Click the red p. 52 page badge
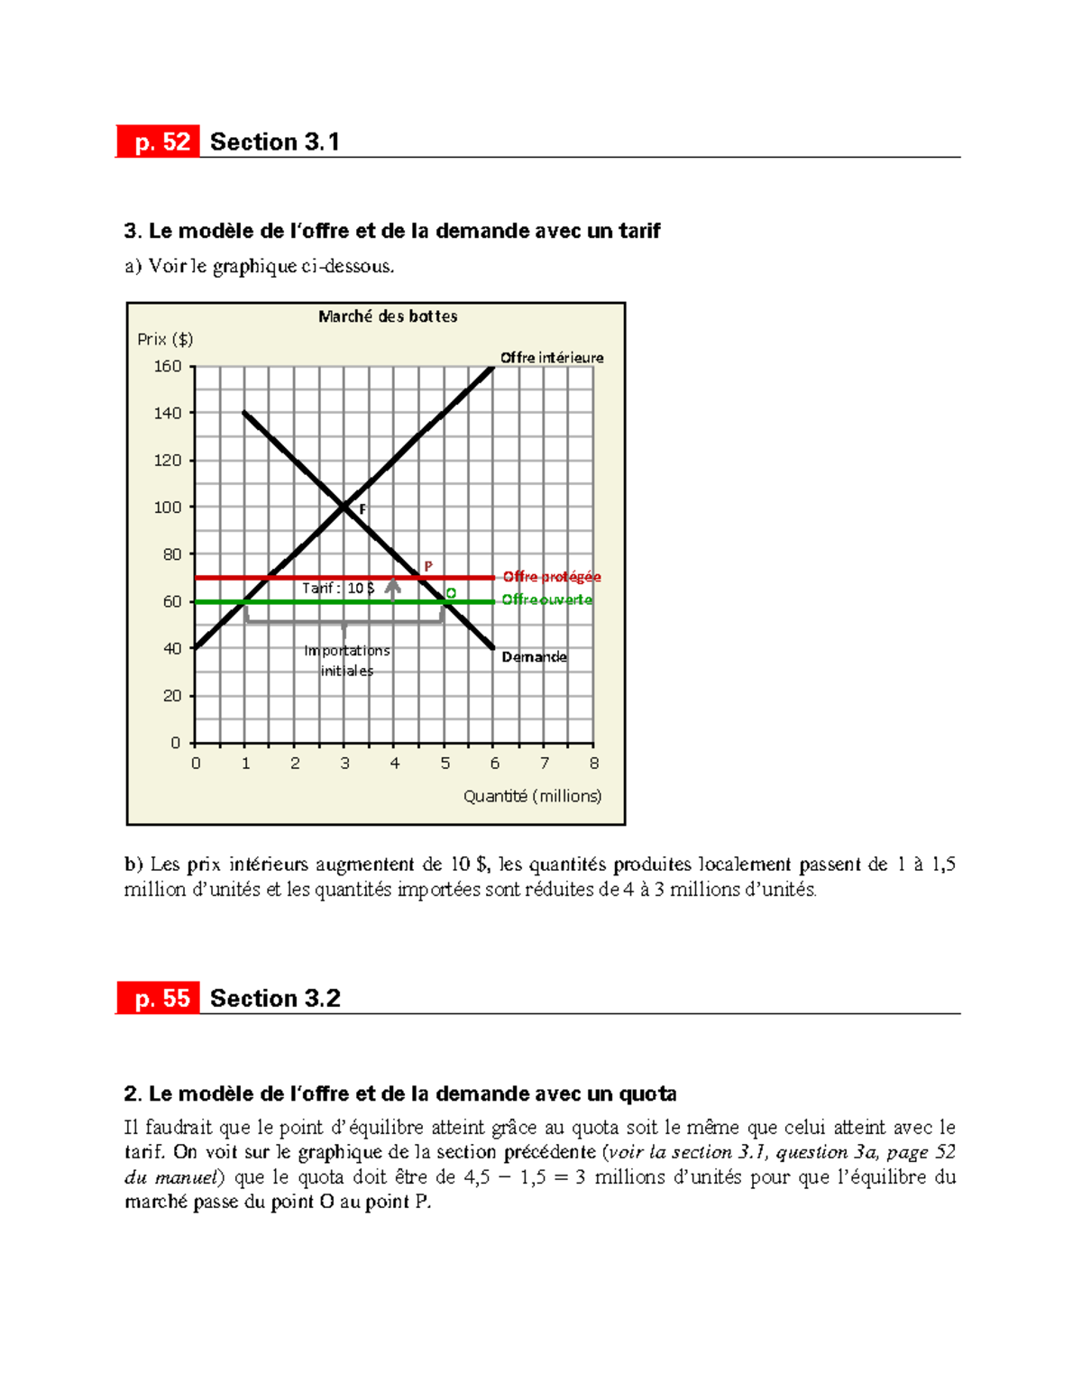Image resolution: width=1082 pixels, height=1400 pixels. [158, 142]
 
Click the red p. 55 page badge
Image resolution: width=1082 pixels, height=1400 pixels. [158, 999]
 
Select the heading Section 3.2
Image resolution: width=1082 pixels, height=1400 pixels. [275, 999]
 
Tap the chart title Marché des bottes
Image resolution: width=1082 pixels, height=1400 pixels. [388, 316]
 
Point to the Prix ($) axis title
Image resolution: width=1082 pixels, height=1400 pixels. [165, 339]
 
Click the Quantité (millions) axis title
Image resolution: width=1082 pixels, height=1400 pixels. [532, 796]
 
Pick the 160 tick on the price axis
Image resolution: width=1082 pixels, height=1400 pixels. [168, 366]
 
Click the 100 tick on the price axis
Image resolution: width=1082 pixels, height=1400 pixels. [168, 508]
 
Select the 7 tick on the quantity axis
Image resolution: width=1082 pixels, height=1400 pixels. [544, 764]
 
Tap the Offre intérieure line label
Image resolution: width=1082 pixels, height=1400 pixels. [552, 358]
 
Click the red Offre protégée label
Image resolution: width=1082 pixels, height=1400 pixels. [552, 577]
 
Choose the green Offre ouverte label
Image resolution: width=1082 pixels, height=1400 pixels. [547, 600]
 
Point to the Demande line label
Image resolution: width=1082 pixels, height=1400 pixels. [534, 657]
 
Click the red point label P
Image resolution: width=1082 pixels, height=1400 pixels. [428, 566]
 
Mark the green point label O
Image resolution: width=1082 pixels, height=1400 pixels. [451, 593]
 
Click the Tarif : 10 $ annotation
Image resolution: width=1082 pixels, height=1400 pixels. [338, 588]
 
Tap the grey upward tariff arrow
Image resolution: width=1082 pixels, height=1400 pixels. [393, 589]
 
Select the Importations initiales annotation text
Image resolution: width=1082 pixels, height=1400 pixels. [347, 661]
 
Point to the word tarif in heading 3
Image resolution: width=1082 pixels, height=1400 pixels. [639, 231]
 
